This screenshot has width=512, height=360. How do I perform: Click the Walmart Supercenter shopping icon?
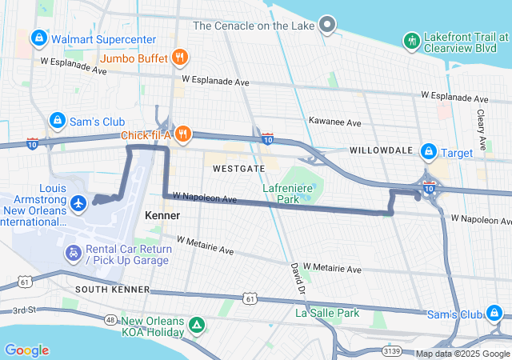38,38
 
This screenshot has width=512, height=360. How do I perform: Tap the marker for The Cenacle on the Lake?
326,25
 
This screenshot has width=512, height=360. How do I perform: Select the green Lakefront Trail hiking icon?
412,40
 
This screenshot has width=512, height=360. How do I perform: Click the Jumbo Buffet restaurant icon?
182,58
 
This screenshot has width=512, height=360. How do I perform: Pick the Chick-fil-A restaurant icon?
183,133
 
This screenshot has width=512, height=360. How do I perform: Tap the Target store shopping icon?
429,150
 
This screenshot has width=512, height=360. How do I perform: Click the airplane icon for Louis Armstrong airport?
78,204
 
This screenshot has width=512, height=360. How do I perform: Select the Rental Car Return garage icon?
73,254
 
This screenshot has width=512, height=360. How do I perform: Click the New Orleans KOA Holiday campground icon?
197,326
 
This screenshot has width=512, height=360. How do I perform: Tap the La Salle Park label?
327,314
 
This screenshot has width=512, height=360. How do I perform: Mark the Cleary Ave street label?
482,133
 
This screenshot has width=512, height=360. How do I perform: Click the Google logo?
26,350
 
